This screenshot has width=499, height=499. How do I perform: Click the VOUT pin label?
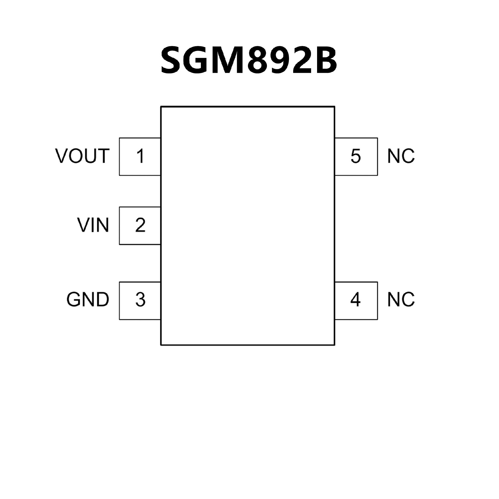82,156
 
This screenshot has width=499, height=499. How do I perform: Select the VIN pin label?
93,225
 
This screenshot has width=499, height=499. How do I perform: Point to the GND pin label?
88,300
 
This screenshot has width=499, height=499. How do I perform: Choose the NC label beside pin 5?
401,156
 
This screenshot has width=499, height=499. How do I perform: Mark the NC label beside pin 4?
401,300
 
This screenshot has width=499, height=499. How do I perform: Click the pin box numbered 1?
140,156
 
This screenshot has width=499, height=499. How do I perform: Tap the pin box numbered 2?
140,226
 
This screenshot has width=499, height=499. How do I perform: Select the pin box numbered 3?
140,300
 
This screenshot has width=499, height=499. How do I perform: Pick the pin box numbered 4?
356,300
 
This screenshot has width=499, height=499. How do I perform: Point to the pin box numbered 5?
356,156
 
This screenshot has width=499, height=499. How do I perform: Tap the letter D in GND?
103,300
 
